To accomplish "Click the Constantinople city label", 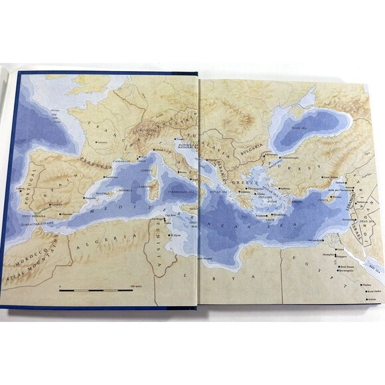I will pos(291,157).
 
